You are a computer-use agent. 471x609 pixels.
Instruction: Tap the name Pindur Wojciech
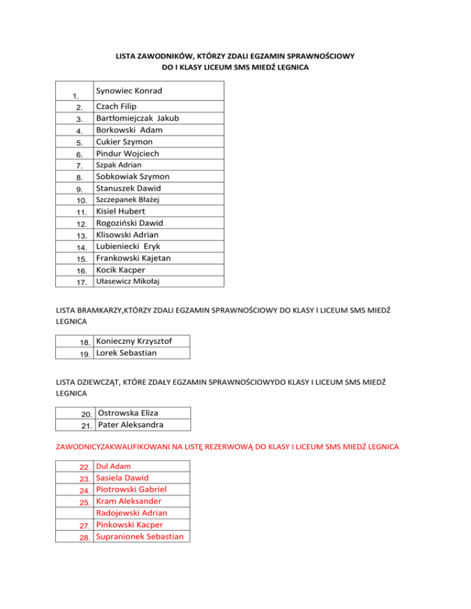(127, 153)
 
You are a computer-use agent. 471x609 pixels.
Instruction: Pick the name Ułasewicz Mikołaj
(127, 281)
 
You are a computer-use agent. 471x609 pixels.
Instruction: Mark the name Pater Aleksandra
(131, 425)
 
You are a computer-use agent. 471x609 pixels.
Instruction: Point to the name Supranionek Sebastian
(141, 537)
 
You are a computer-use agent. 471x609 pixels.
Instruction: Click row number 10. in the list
(82, 200)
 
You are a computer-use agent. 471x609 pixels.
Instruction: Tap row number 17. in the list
(82, 282)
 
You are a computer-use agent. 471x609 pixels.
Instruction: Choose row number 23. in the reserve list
(85, 478)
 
